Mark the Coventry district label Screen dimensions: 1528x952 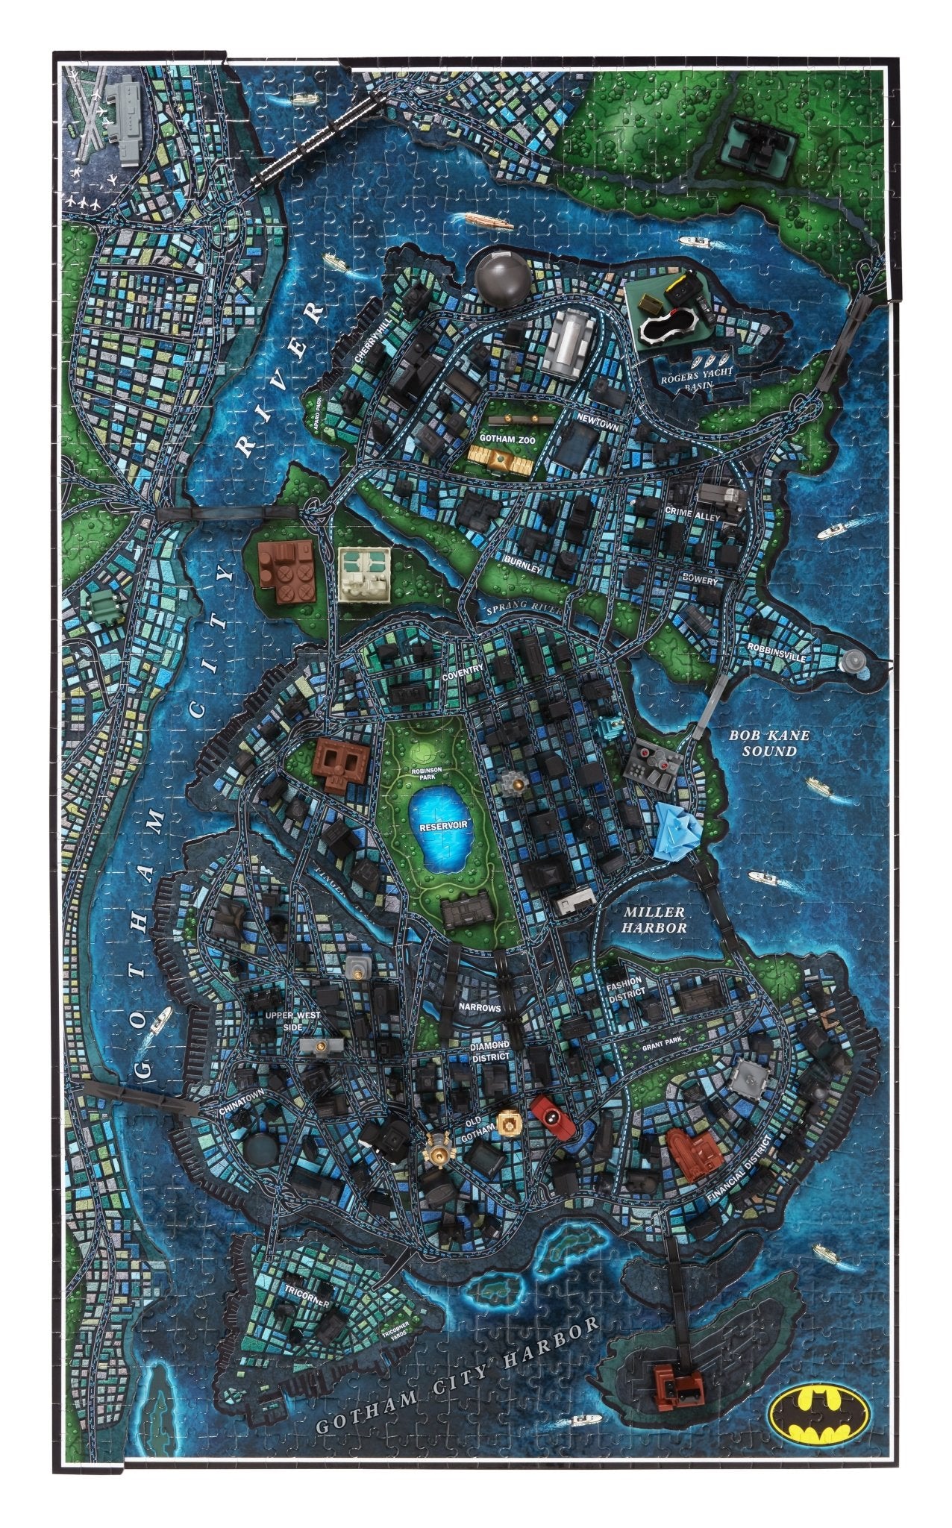coord(463,667)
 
